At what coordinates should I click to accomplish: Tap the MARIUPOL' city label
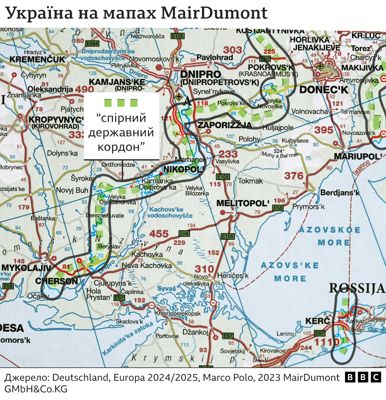point(358,156)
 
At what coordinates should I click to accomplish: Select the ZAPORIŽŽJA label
point(225,125)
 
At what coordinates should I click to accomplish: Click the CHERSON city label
point(57,281)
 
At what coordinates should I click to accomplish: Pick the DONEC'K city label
point(324,90)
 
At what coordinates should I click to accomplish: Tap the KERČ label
point(318,321)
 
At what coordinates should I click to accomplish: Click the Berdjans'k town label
point(340,192)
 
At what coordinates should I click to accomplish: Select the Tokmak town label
point(250,181)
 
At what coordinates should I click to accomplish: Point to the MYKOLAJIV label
point(27,268)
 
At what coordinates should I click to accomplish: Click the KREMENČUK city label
point(37,59)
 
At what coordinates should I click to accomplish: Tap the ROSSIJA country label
point(357,288)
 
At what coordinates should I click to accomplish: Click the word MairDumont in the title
point(214,13)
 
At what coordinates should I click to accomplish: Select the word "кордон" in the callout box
point(121,147)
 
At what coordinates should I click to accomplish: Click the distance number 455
point(159,234)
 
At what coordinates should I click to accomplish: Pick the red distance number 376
point(294,176)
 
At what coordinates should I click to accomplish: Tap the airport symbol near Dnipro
point(179,97)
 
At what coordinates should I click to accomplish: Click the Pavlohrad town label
point(215,57)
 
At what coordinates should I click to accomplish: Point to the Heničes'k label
point(233,275)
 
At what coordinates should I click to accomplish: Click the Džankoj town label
point(195,332)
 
